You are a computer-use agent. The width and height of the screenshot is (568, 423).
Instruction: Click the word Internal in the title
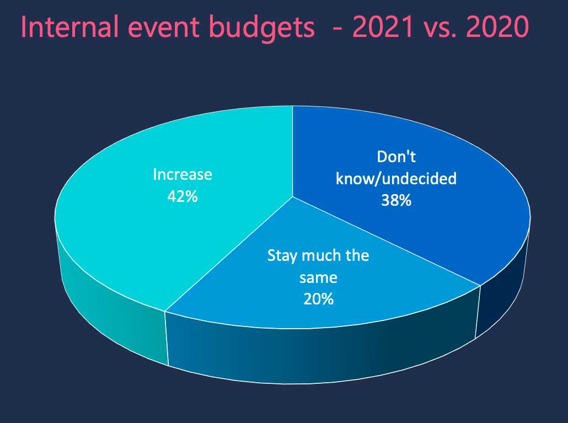[69, 27]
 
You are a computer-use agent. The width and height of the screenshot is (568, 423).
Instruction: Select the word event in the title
[163, 28]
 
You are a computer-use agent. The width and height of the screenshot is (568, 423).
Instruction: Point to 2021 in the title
[383, 27]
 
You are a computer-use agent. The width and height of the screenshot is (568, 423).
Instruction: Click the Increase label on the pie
[183, 174]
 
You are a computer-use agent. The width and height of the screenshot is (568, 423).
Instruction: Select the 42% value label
[183, 196]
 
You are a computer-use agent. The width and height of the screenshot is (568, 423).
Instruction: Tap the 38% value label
[396, 200]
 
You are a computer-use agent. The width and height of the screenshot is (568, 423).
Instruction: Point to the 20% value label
[318, 299]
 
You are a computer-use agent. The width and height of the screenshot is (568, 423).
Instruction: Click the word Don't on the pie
[396, 157]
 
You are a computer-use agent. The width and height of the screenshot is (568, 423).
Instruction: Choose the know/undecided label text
[396, 179]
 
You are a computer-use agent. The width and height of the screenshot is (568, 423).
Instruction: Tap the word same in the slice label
[318, 278]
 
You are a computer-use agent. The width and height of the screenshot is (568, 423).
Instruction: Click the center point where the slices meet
[293, 197]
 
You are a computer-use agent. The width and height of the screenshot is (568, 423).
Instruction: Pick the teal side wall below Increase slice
[109, 304]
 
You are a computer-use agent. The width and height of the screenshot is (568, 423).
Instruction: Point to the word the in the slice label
[357, 255]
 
